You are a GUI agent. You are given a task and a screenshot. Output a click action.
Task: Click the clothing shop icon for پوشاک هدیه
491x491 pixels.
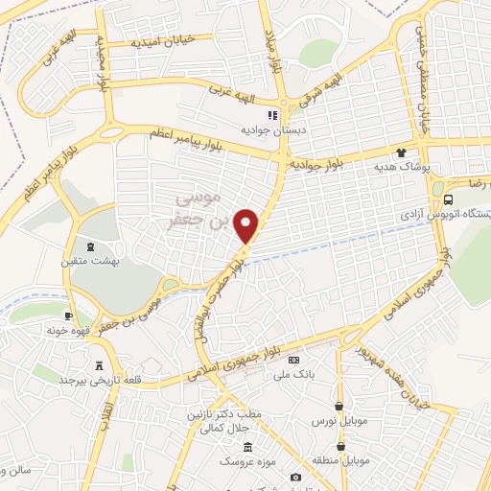[400, 152]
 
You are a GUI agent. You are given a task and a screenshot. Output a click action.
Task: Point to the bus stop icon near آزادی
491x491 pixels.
[450, 199]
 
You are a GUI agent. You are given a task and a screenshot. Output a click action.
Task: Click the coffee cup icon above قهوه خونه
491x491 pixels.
[69, 316]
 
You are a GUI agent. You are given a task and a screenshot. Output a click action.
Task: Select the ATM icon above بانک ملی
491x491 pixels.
[293, 358]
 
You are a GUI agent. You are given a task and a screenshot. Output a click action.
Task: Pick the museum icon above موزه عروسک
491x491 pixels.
[248, 447]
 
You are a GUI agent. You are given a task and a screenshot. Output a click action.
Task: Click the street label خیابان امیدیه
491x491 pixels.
[162, 41]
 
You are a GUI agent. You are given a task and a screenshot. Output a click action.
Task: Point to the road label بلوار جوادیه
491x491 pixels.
[317, 164]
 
